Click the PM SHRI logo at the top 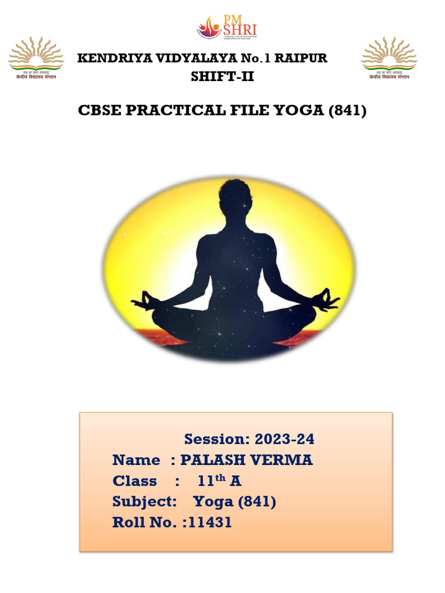pos(227,27)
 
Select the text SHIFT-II pos(222,76)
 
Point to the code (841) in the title pos(347,110)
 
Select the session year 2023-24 pos(284,440)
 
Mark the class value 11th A pos(219,481)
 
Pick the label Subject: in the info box pos(144,502)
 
